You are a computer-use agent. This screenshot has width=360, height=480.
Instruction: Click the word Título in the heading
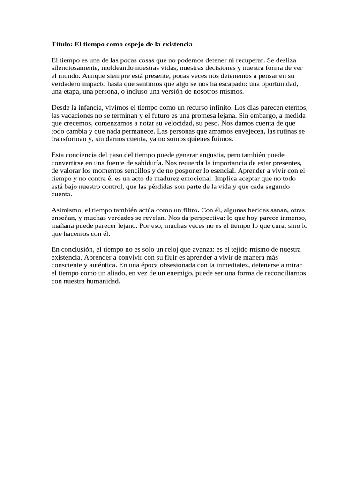coord(61,44)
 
